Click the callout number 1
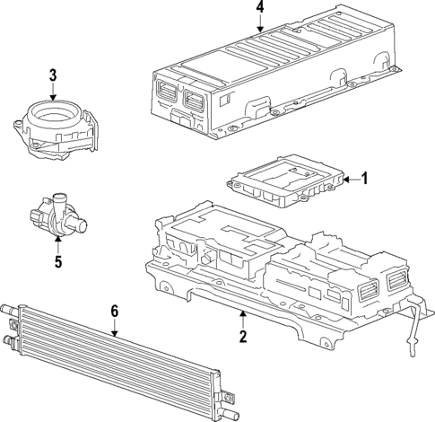365,179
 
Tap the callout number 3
53,75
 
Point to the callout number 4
260,8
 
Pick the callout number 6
114,311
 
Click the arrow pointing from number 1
350,179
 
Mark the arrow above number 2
242,320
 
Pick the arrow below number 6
114,327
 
